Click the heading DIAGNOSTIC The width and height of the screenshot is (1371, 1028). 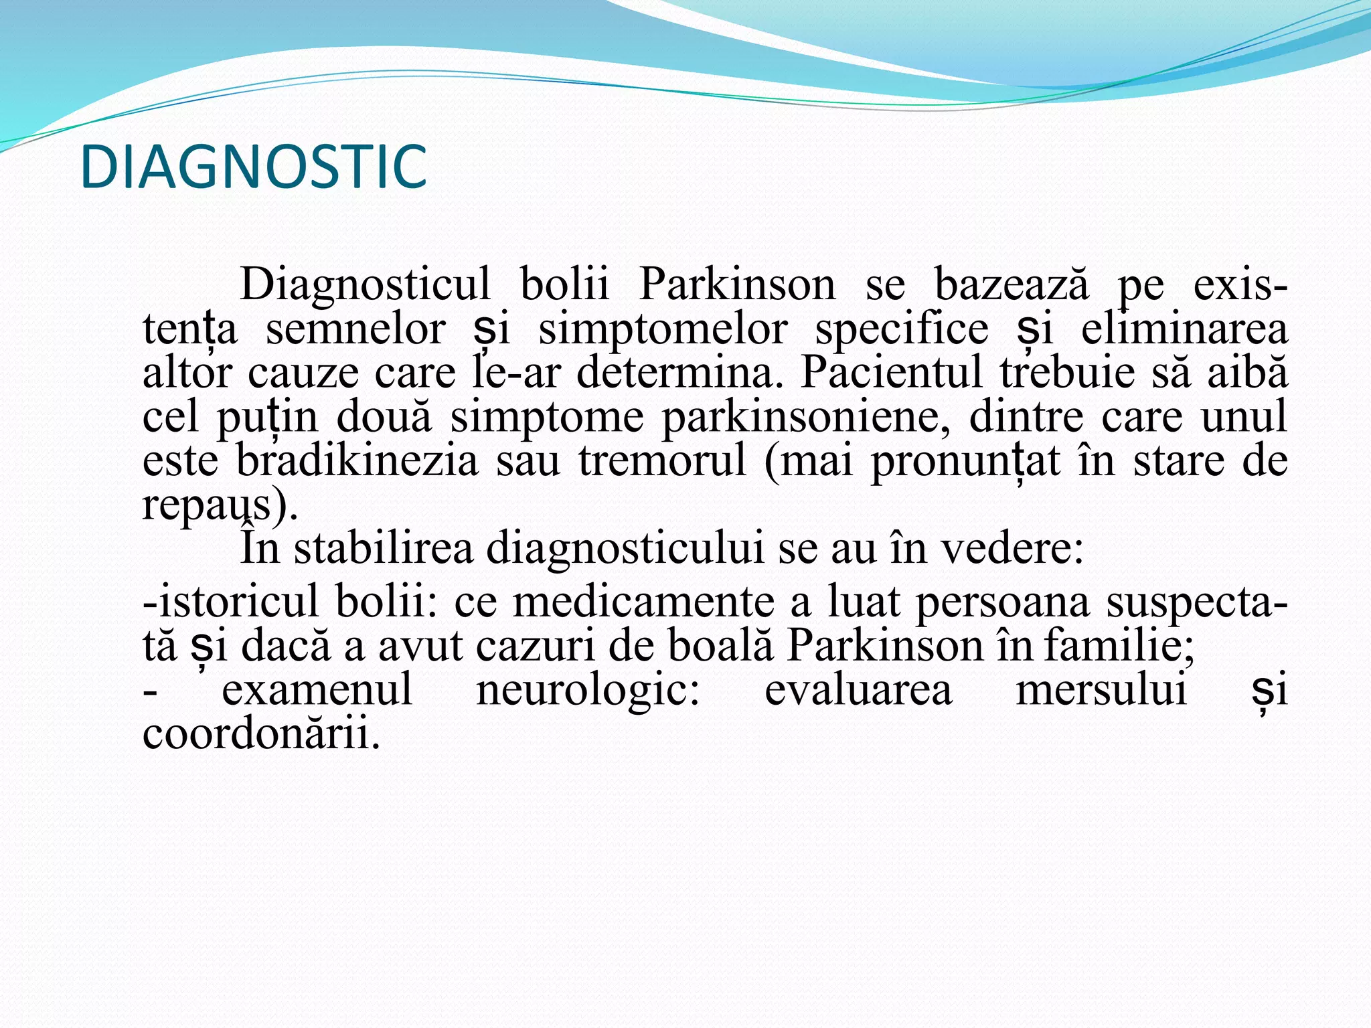253,167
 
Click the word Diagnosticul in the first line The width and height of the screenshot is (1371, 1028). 365,285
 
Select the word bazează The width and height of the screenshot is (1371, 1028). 1010,285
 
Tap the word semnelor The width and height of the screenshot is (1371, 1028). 355,330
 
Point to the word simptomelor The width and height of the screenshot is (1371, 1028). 663,330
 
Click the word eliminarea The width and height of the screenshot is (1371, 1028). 1184,330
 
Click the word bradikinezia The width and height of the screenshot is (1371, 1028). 357,461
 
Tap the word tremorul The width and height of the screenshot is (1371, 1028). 662,461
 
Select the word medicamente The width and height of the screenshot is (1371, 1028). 643,602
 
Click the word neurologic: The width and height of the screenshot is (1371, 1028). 588,690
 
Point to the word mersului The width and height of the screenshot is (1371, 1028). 1101,690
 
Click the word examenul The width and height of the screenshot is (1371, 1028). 317,690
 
